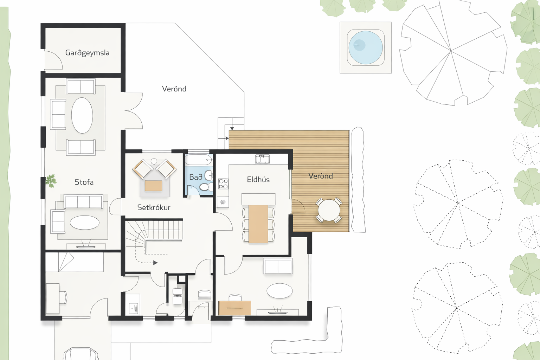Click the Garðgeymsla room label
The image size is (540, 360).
[87, 53]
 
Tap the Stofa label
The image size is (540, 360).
[84, 182]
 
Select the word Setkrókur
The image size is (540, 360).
[154, 207]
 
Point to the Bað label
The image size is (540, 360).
[195, 177]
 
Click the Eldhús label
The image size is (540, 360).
[258, 179]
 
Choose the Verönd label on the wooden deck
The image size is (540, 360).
[321, 176]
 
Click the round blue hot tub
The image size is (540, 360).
[366, 47]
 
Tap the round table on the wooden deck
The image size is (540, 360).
[329, 210]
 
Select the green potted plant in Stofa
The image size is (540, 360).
[51, 181]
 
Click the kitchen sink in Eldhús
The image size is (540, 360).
[262, 159]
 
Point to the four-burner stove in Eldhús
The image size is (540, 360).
[223, 184]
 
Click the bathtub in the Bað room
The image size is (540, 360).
[198, 160]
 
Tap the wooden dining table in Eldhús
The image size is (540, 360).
[258, 224]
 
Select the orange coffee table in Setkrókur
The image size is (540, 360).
[153, 186]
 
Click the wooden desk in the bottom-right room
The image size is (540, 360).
[234, 308]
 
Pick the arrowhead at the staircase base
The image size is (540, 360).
[155, 263]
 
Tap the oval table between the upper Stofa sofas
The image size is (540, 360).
[82, 115]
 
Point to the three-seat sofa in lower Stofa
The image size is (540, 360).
[83, 201]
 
